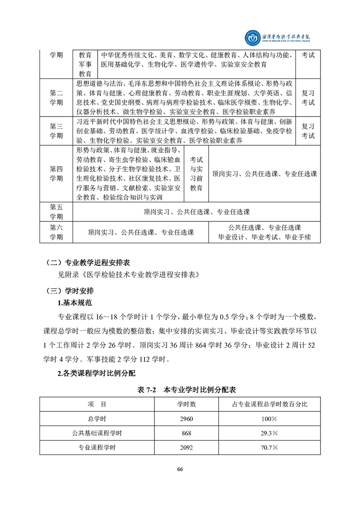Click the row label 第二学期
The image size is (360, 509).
[x=56, y=98]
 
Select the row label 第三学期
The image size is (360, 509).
[x=56, y=131]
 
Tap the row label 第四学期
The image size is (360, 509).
[x=56, y=173]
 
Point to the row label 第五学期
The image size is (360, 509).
[x=56, y=212]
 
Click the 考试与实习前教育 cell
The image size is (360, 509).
[x=196, y=173]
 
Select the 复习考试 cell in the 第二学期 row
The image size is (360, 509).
[x=308, y=98]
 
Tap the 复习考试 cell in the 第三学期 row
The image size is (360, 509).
[x=308, y=131]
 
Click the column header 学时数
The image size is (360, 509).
[x=187, y=404]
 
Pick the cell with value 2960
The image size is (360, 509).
[x=187, y=418]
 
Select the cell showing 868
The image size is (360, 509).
[x=187, y=433]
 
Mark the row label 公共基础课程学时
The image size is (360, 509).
[x=98, y=433]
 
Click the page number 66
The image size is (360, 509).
[x=180, y=469]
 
